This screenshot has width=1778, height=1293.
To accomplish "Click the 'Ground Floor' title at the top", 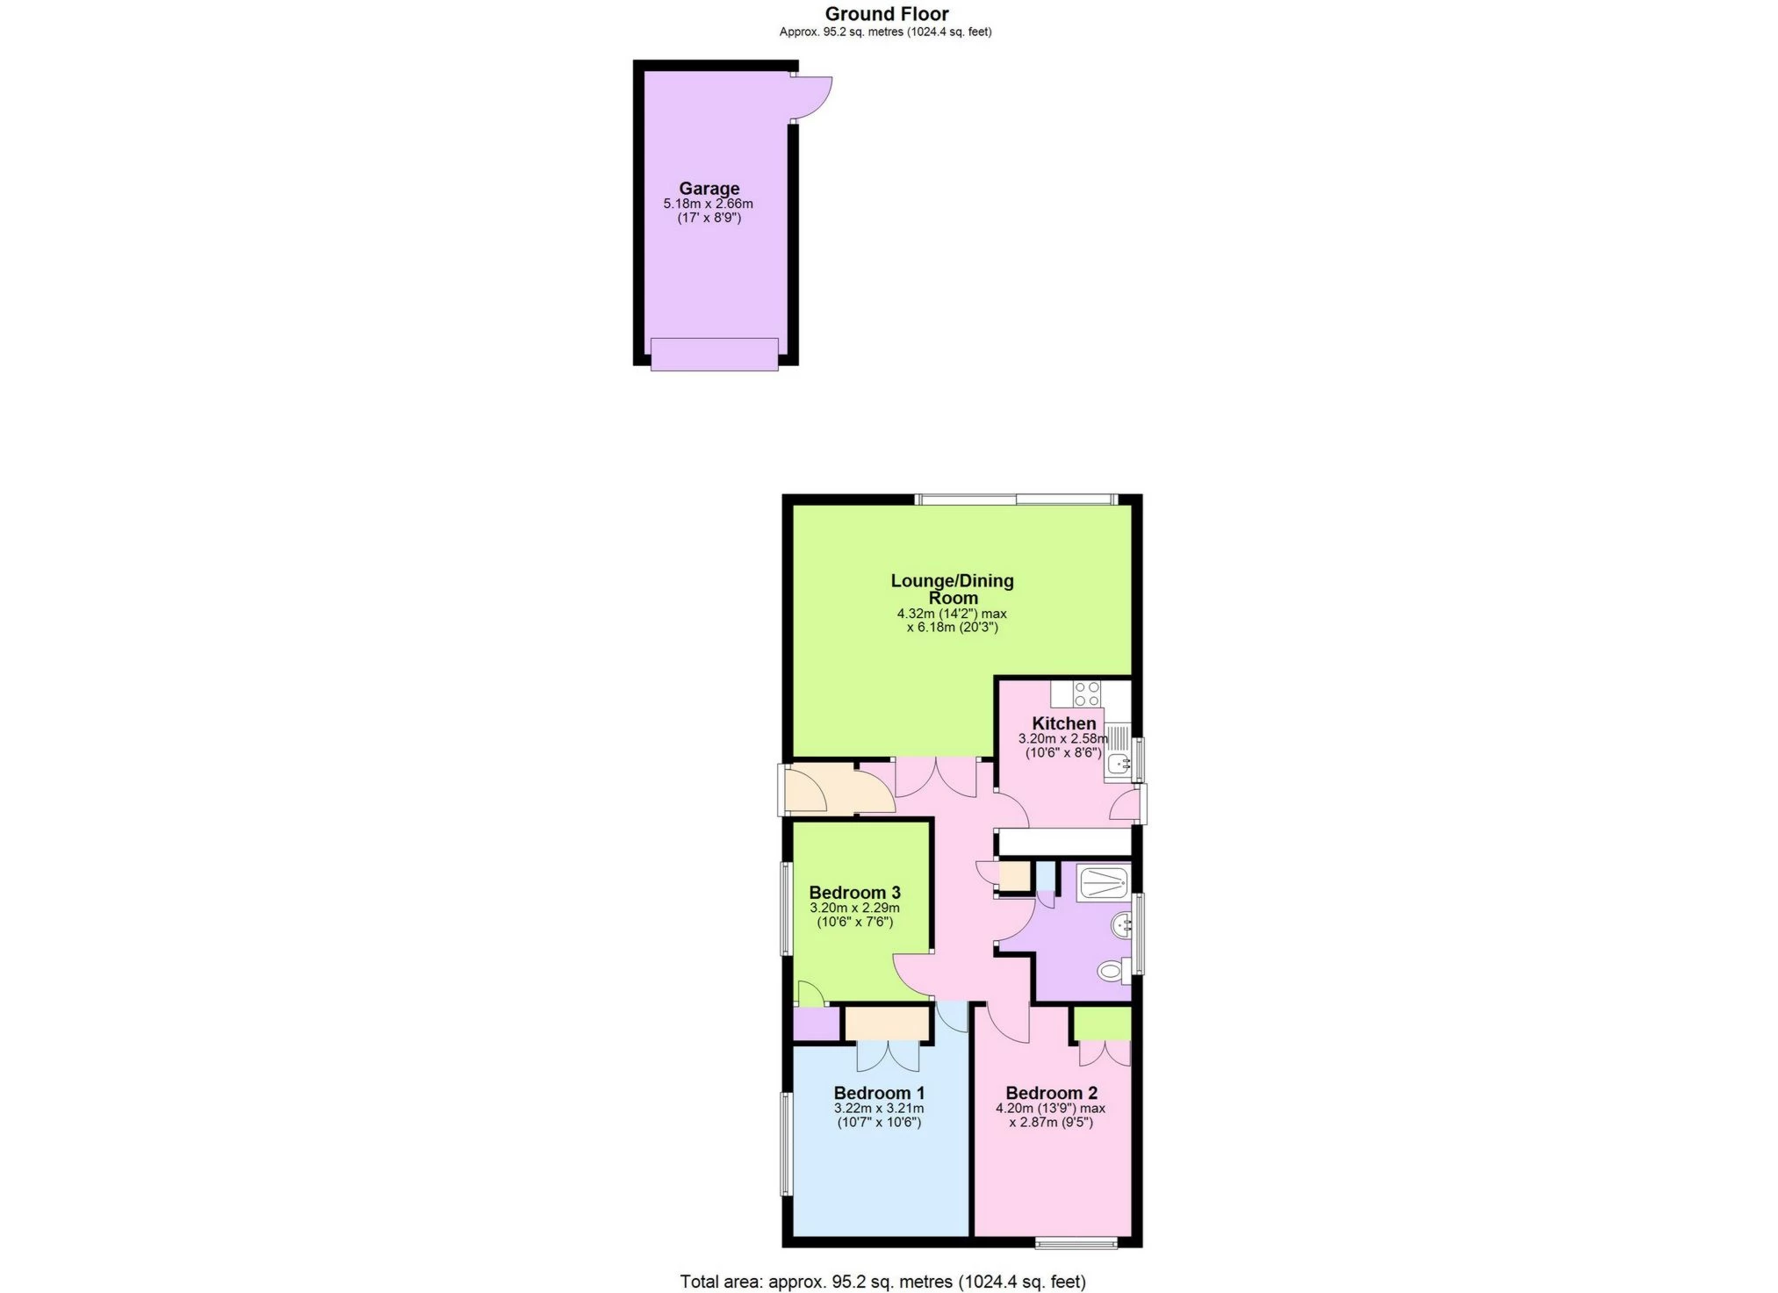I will pyautogui.click(x=886, y=14).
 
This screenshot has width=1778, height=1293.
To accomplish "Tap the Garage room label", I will pyautogui.click(x=709, y=188).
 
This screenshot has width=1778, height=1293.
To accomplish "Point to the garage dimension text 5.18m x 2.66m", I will pyautogui.click(x=708, y=204).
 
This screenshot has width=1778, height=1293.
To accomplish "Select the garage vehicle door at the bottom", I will pyautogui.click(x=714, y=355).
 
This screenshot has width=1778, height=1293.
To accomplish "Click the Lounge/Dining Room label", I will pyautogui.click(x=952, y=589).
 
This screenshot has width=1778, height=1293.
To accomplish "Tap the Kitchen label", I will pyautogui.click(x=1063, y=723).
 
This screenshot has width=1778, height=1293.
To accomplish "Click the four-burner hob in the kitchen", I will pyautogui.click(x=1087, y=694).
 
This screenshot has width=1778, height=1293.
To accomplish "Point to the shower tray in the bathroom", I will pyautogui.click(x=1104, y=883).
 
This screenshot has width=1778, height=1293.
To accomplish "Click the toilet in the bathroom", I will pyautogui.click(x=1112, y=972).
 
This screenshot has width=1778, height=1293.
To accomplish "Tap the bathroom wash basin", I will pyautogui.click(x=1121, y=925).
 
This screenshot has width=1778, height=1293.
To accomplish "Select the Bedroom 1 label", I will pyautogui.click(x=879, y=1093).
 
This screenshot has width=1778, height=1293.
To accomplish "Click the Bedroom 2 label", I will pyautogui.click(x=1051, y=1093).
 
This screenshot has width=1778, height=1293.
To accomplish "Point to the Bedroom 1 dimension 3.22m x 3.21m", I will pyautogui.click(x=879, y=1109).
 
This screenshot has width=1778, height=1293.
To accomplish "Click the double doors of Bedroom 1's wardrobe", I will pyautogui.click(x=889, y=1055).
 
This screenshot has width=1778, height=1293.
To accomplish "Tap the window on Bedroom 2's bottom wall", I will pyautogui.click(x=1076, y=1242).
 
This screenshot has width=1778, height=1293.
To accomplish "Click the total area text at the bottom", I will pyautogui.click(x=882, y=1282).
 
